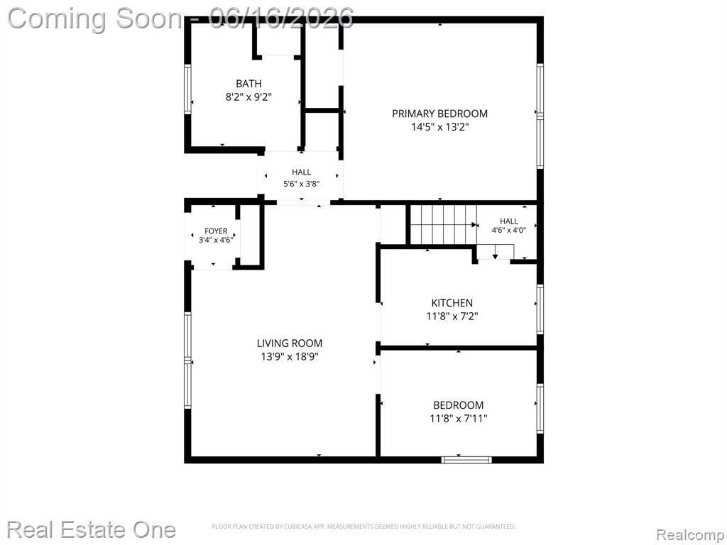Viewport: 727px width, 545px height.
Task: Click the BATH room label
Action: coord(248,84)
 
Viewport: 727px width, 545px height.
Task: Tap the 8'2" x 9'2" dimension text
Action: coord(248,97)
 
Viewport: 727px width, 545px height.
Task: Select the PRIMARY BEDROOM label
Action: coord(439,114)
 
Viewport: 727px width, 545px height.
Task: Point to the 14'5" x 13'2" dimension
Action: coord(440,127)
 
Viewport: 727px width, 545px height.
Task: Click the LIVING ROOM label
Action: coord(290,343)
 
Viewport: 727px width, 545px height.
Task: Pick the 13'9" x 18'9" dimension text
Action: coord(290,357)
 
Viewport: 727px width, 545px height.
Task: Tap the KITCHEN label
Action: coord(452,303)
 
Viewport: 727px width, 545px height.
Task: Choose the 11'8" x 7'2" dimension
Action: coord(452,316)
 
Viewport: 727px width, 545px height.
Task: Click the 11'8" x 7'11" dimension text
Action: coord(459,419)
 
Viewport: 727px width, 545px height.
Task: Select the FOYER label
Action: coord(216,231)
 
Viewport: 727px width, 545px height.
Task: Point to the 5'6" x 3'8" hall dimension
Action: coord(301,184)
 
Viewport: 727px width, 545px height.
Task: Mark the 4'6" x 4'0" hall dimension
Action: coord(508,230)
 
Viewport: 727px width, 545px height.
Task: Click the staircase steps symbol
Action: coord(444,225)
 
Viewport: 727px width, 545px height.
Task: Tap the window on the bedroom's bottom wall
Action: coord(466,460)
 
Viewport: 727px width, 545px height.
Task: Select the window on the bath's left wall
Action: coord(187,89)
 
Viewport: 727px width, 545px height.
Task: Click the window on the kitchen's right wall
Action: coord(540,309)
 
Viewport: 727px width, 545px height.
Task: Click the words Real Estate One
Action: coord(91,529)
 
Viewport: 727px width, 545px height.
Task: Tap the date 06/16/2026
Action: coord(281,18)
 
